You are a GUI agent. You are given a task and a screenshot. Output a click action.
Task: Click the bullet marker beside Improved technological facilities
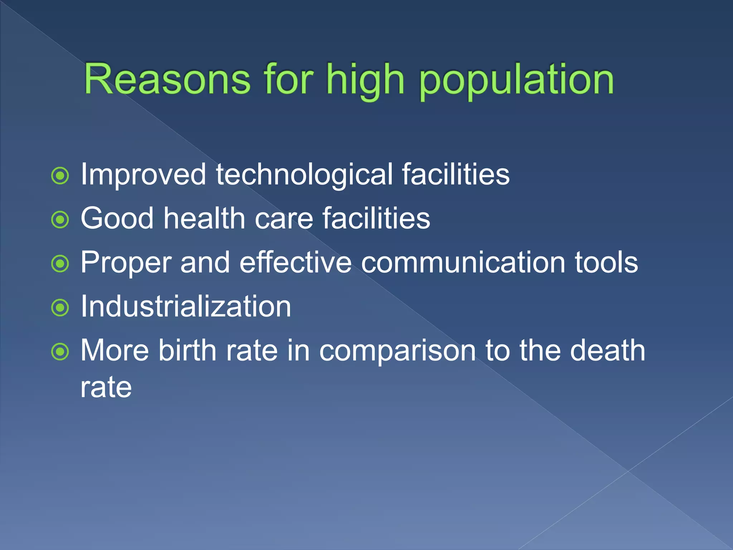coord(60,176)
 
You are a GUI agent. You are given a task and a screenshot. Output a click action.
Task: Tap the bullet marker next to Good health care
coord(60,219)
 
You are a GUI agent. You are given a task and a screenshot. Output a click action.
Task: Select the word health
coord(204,218)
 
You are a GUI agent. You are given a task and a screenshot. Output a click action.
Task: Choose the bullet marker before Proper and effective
coord(60,264)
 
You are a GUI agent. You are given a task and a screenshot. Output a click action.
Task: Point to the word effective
coord(296,262)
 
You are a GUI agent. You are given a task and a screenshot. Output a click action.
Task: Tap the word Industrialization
coord(186,307)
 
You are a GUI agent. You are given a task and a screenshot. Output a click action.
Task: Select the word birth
coord(188,350)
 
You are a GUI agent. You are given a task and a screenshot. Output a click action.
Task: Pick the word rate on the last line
coord(106,387)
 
